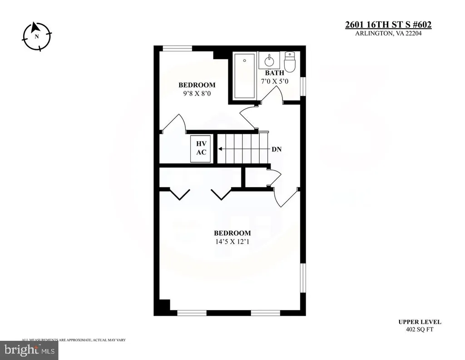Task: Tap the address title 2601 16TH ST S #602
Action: coord(388,25)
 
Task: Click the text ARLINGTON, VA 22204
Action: coord(388,34)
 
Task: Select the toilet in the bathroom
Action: coord(289,62)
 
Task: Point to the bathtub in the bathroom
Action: coord(244,76)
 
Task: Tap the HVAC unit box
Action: coord(201,148)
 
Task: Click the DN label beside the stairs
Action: coord(277,149)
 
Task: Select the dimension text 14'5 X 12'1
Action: coord(232,242)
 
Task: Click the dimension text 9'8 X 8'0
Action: coord(197,94)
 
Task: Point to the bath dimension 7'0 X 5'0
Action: coord(274,81)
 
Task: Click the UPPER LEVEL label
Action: coord(420,322)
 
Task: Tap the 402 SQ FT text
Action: coord(420,330)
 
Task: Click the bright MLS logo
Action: coord(29,350)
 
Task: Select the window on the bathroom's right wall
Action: coord(303,87)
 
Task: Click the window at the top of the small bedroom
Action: coord(178,48)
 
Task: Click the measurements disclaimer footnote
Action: coord(74,340)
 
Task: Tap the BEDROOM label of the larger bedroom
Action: coord(232,233)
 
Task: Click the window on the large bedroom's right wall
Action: coord(303,279)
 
